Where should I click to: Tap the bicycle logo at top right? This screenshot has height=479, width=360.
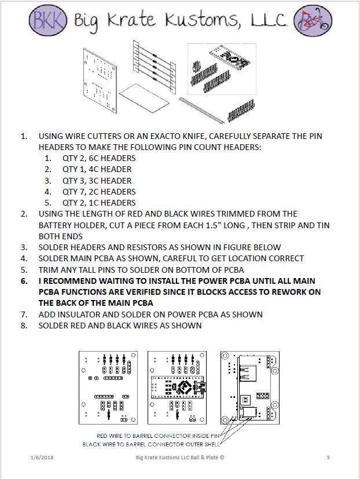pyautogui.click(x=313, y=21)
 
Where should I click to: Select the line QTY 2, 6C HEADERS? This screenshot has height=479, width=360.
pyautogui.click(x=98, y=158)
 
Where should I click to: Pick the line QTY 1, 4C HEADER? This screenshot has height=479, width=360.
pyautogui.click(x=97, y=169)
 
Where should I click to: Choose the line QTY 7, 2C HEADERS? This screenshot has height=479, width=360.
pyautogui.click(x=98, y=192)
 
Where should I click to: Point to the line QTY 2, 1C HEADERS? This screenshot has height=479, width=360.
pyautogui.click(x=98, y=203)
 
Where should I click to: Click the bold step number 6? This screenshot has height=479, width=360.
pyautogui.click(x=24, y=281)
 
